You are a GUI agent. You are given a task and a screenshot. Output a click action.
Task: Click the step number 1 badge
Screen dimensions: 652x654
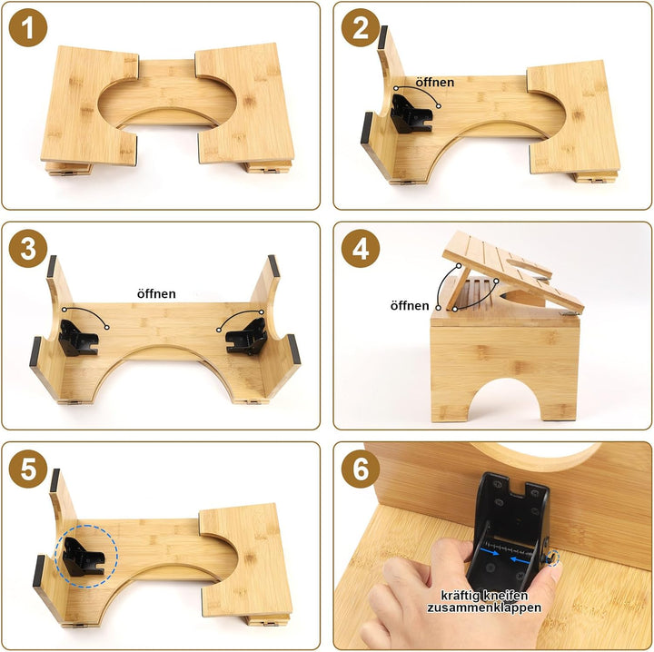[x=28, y=28]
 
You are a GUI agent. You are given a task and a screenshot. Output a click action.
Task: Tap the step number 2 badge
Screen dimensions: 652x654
[x=360, y=28]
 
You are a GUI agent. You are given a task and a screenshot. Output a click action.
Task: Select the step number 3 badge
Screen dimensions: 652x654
[x=28, y=249]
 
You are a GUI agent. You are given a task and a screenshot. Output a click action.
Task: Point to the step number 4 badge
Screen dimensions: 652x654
[x=360, y=249]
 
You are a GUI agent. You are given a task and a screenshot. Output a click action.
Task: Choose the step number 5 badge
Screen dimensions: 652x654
[x=28, y=469]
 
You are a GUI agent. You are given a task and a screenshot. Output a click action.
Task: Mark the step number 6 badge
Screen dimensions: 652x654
[x=360, y=469]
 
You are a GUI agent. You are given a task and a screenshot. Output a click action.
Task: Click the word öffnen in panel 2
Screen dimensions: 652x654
[x=434, y=83]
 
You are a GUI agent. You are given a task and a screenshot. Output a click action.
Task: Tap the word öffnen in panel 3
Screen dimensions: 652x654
[x=156, y=294]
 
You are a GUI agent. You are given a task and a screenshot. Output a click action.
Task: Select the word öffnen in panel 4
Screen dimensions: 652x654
[x=409, y=306]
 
